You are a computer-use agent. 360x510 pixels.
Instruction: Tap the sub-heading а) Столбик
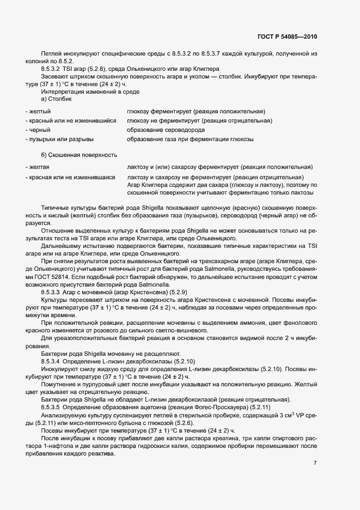(58, 99)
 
